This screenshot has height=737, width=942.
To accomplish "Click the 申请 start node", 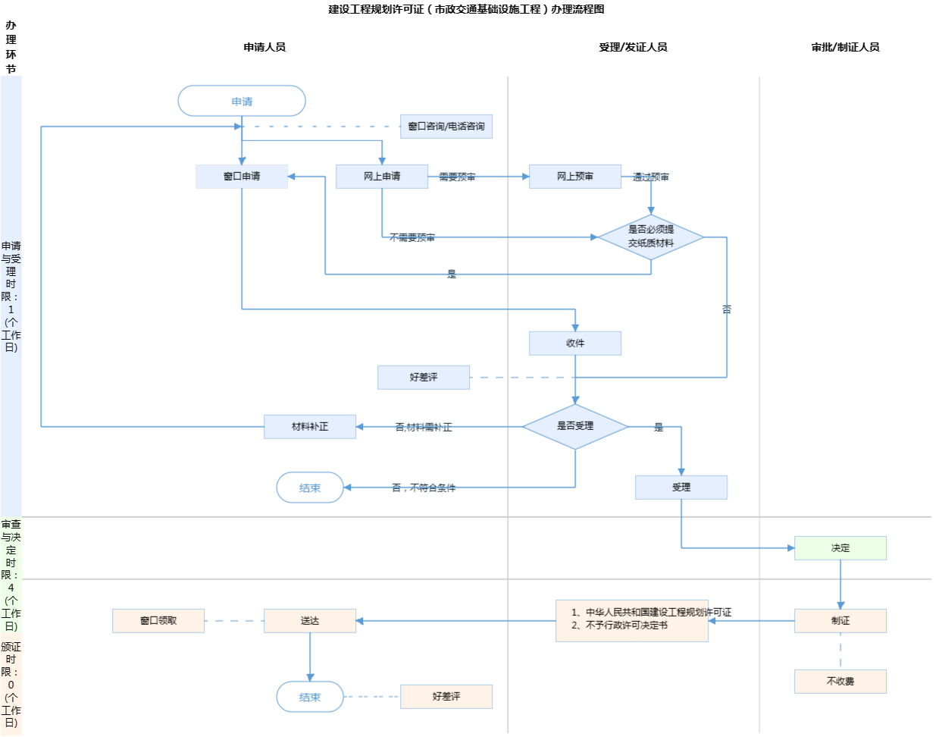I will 242,101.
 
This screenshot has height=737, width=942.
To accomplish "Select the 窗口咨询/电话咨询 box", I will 446,127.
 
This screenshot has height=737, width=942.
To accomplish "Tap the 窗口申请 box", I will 242,177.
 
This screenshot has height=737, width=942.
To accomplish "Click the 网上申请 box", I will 382,177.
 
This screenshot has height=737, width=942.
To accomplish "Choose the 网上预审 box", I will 575,177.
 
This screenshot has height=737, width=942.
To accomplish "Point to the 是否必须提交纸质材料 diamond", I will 651,237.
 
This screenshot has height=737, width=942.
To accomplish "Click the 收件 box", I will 575,343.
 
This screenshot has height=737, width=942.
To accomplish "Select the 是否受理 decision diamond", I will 575,426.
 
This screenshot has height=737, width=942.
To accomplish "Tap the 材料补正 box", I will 310,427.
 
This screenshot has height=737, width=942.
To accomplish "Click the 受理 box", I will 681,488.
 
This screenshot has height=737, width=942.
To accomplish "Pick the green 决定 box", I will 840,548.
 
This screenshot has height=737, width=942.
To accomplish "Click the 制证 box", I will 840,621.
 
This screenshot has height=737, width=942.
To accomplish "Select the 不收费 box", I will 840,682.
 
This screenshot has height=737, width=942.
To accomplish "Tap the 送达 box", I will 310,621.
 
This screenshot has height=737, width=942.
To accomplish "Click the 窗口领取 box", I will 158,621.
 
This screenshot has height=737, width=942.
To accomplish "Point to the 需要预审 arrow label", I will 458,177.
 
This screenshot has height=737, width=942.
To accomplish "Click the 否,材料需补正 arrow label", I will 424,428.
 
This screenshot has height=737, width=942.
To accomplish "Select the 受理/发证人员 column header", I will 633,47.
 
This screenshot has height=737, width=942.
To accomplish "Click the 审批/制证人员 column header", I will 845,47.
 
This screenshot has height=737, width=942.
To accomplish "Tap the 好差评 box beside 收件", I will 424,378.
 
